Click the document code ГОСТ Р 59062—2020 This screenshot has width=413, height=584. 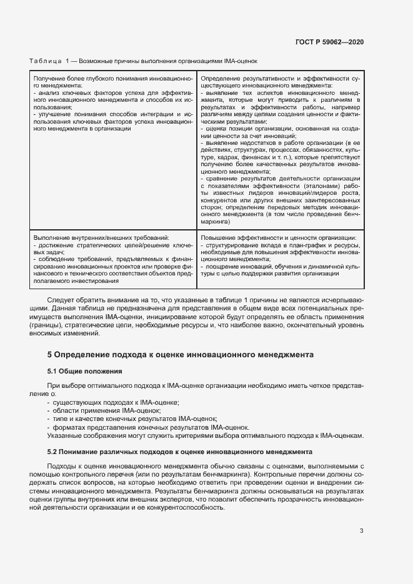click(x=329, y=42)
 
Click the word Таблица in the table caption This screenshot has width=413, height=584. click(x=45, y=61)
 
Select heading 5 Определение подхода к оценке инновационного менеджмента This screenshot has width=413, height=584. click(x=180, y=354)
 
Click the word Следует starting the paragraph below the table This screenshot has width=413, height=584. click(x=60, y=300)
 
